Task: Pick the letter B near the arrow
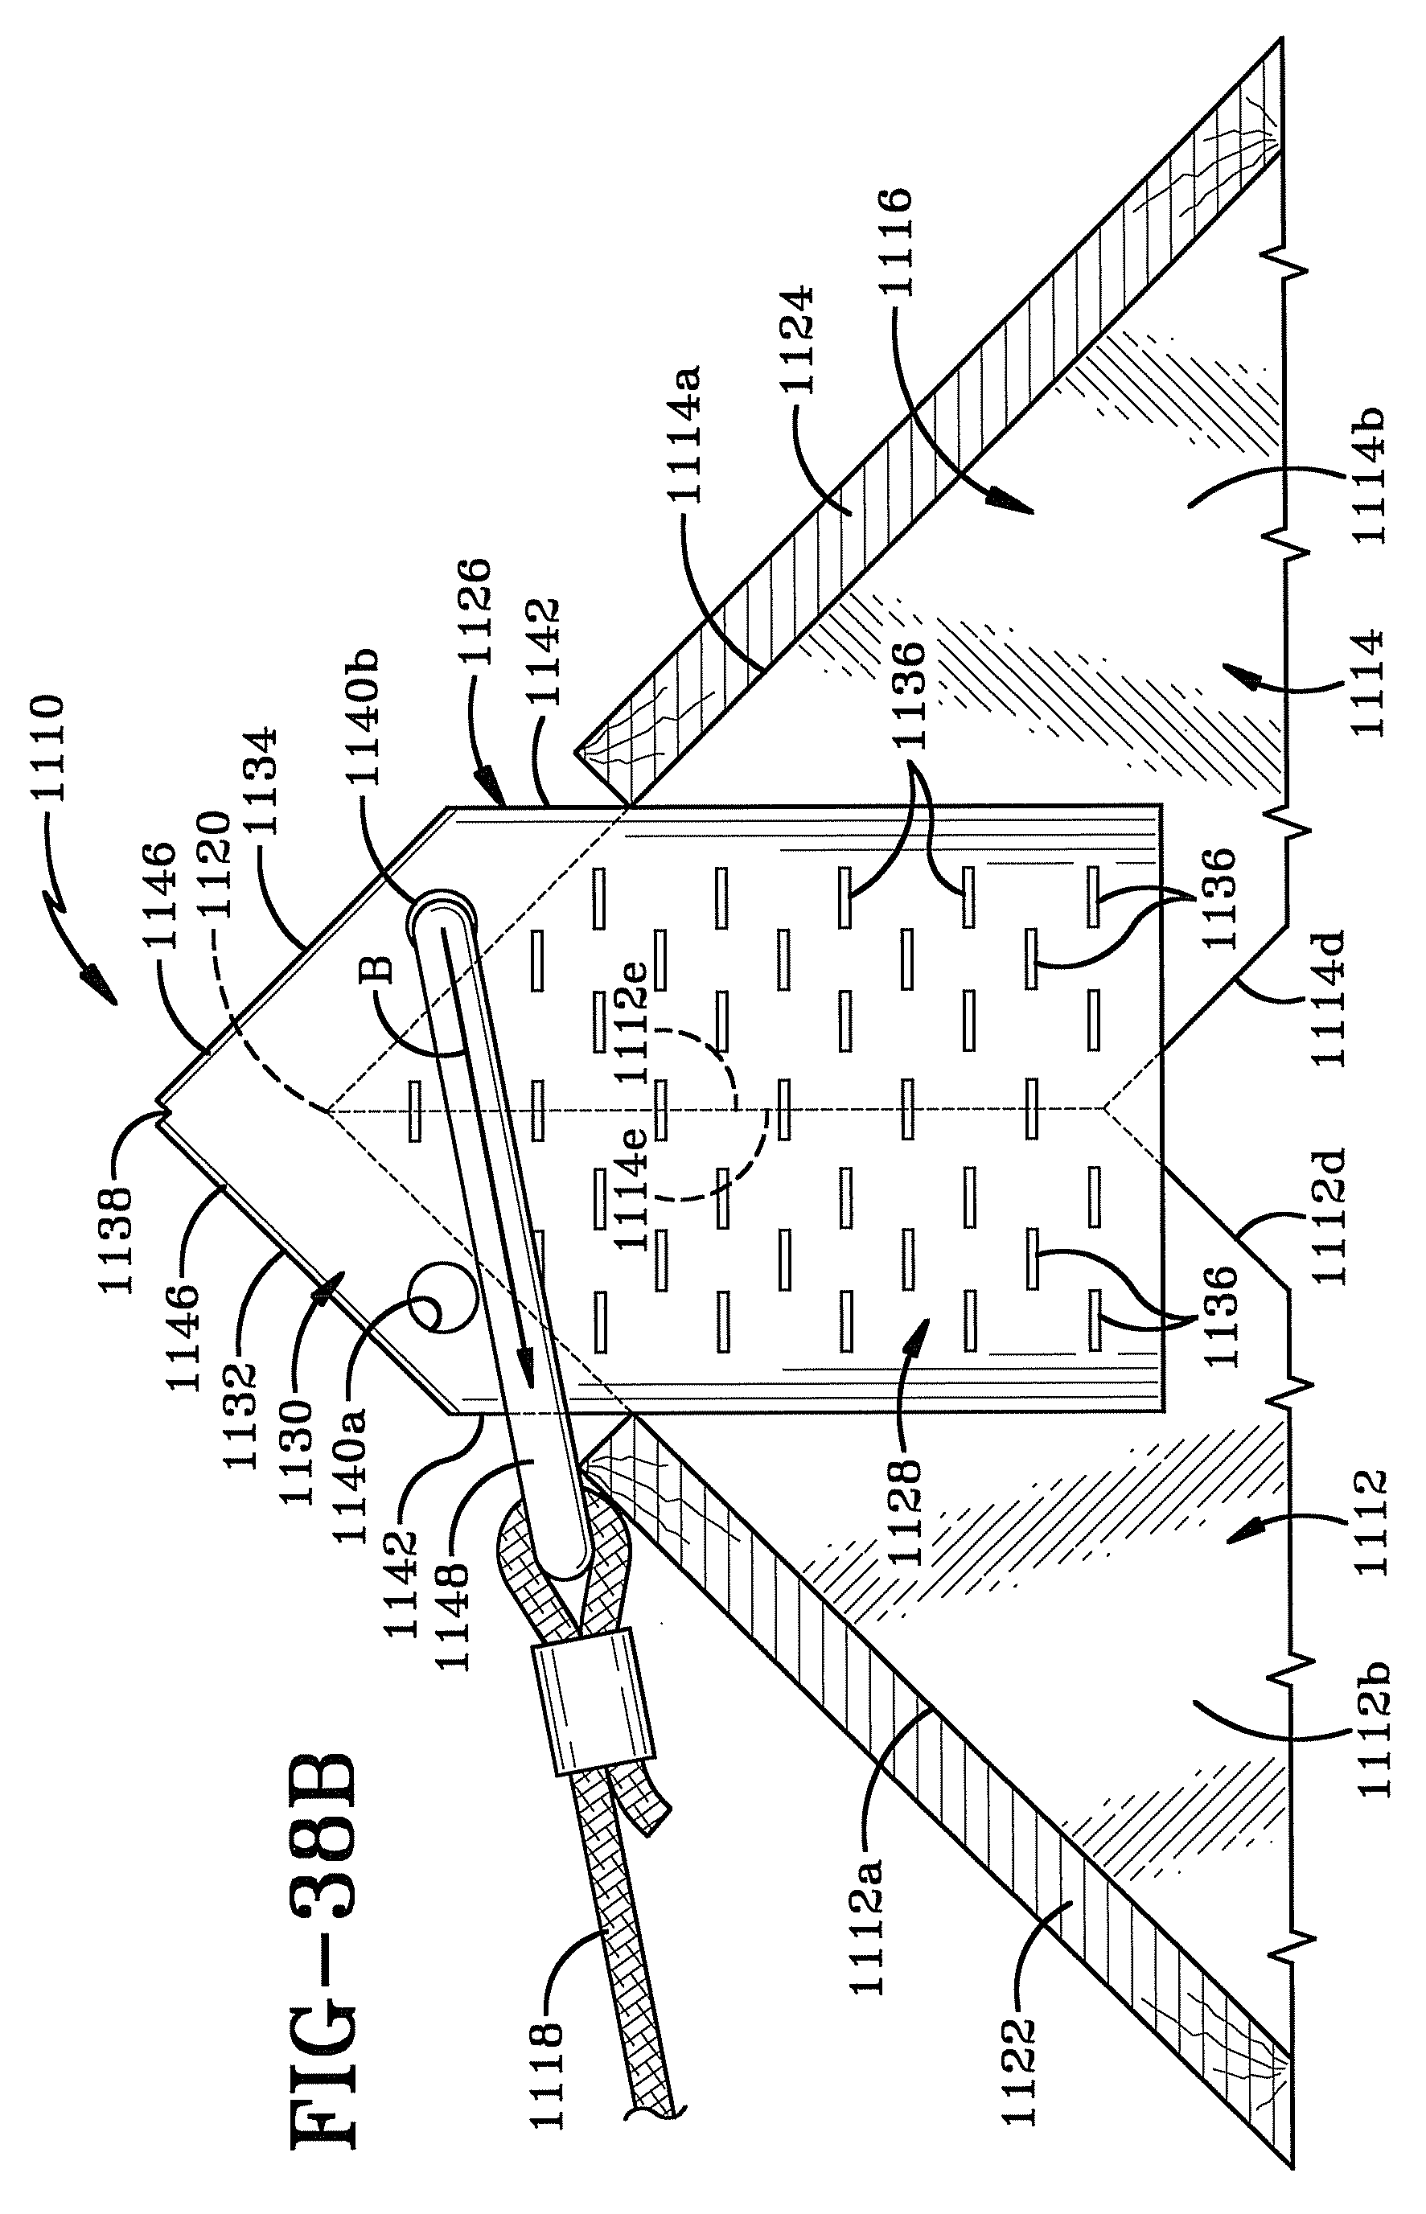pos(380,968)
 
